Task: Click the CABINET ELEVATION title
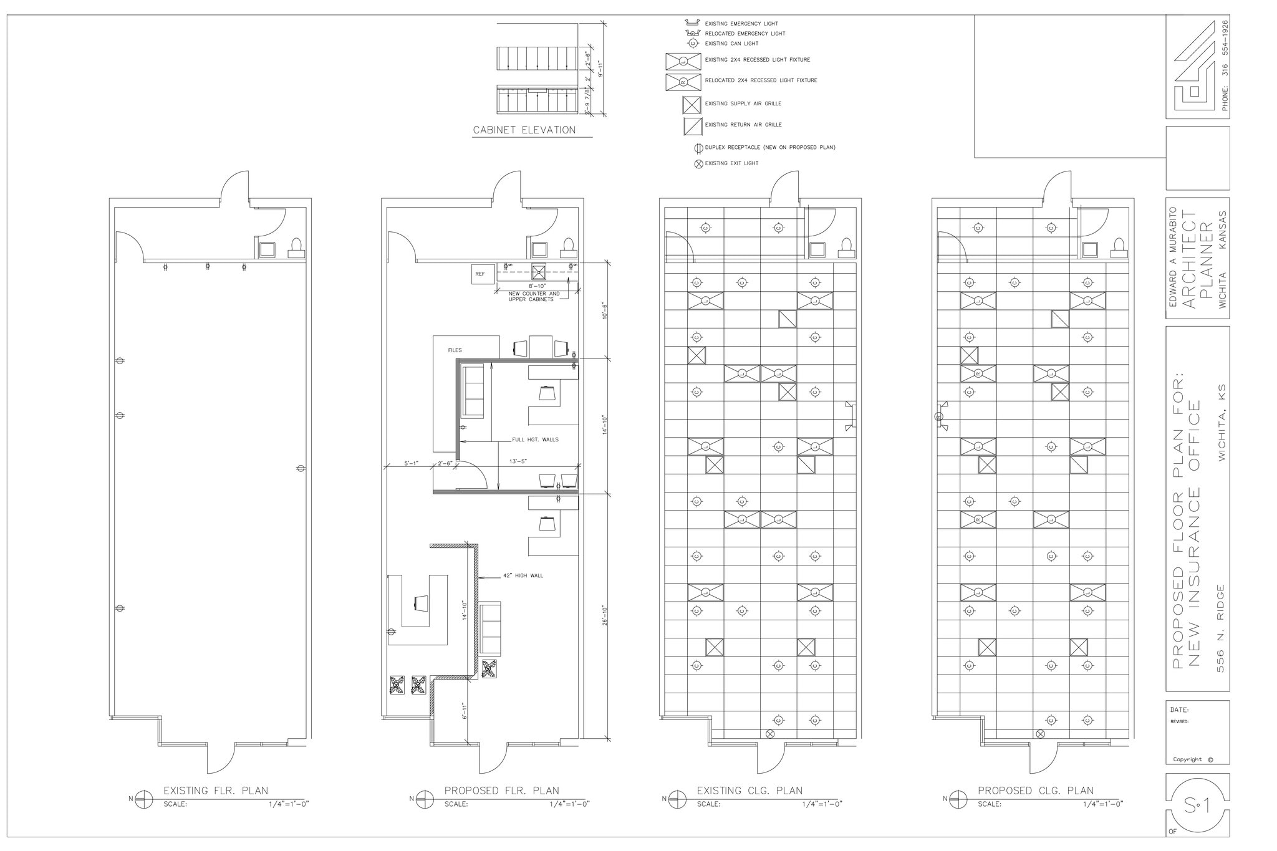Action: (x=524, y=130)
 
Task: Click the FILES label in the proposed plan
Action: (x=455, y=350)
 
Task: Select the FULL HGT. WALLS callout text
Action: (x=535, y=440)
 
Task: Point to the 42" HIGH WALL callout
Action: (x=523, y=575)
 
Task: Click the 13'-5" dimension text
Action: (x=518, y=462)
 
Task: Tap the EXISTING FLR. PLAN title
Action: (x=215, y=791)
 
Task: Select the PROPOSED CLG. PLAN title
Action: (x=1035, y=791)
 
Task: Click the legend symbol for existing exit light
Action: (x=698, y=163)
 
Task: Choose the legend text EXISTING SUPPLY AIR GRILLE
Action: (x=743, y=103)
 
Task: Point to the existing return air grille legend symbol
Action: (x=692, y=126)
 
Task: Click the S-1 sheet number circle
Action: (x=1197, y=807)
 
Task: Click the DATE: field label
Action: (x=1179, y=710)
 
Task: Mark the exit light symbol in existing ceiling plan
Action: (x=769, y=734)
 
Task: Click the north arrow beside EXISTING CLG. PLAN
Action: (x=675, y=799)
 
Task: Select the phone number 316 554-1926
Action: (x=1224, y=65)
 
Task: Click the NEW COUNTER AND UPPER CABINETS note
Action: (x=534, y=296)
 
